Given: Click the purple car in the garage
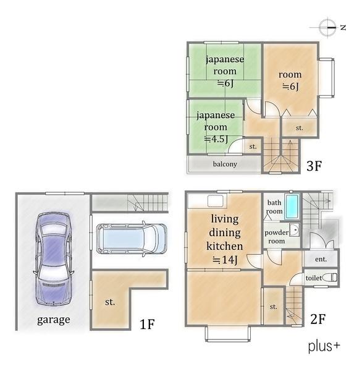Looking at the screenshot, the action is (54, 258).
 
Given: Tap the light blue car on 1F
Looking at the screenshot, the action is (132, 239).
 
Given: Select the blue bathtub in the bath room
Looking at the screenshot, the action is (292, 207).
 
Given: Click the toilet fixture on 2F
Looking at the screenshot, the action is (330, 277).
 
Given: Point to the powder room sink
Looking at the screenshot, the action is (295, 229).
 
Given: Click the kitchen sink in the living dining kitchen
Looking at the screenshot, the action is (215, 200).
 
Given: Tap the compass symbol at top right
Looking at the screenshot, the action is (327, 27).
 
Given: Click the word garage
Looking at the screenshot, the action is (54, 320).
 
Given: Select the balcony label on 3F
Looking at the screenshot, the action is (225, 164).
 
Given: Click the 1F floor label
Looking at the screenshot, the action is (147, 323).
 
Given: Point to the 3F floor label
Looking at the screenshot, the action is (314, 166).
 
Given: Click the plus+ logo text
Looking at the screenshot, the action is (324, 347).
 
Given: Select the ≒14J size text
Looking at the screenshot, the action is (225, 260).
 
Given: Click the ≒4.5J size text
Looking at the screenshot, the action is (216, 139).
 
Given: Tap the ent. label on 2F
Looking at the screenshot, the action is (321, 259).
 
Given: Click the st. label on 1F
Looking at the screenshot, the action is (110, 302).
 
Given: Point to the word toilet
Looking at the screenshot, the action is (314, 278).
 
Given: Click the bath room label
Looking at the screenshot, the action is (274, 207).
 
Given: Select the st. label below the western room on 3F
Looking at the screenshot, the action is (300, 128).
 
